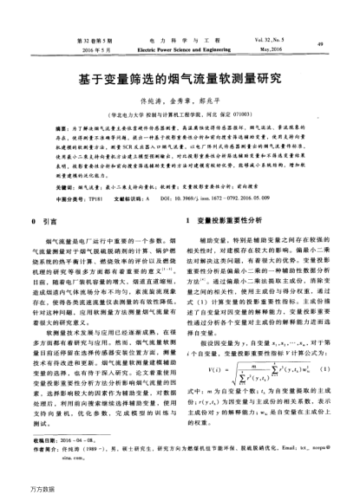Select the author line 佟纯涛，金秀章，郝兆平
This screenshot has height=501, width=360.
click(x=180, y=101)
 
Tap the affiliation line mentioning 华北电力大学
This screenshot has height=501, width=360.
click(x=180, y=113)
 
